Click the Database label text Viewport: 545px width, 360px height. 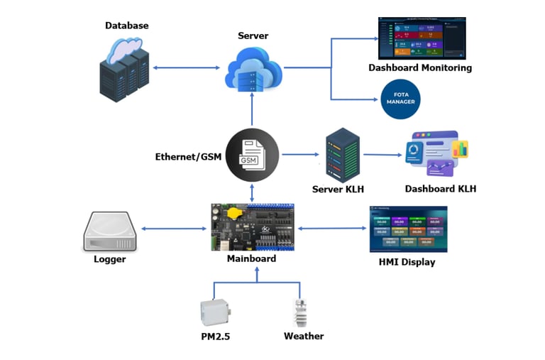click(x=127, y=26)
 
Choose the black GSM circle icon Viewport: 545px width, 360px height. click(x=252, y=154)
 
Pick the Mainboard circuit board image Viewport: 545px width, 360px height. click(x=253, y=227)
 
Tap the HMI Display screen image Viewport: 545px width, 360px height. click(x=408, y=229)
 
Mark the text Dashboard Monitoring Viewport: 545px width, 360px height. click(x=420, y=68)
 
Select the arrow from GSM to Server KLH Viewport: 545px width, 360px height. click(x=299, y=154)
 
